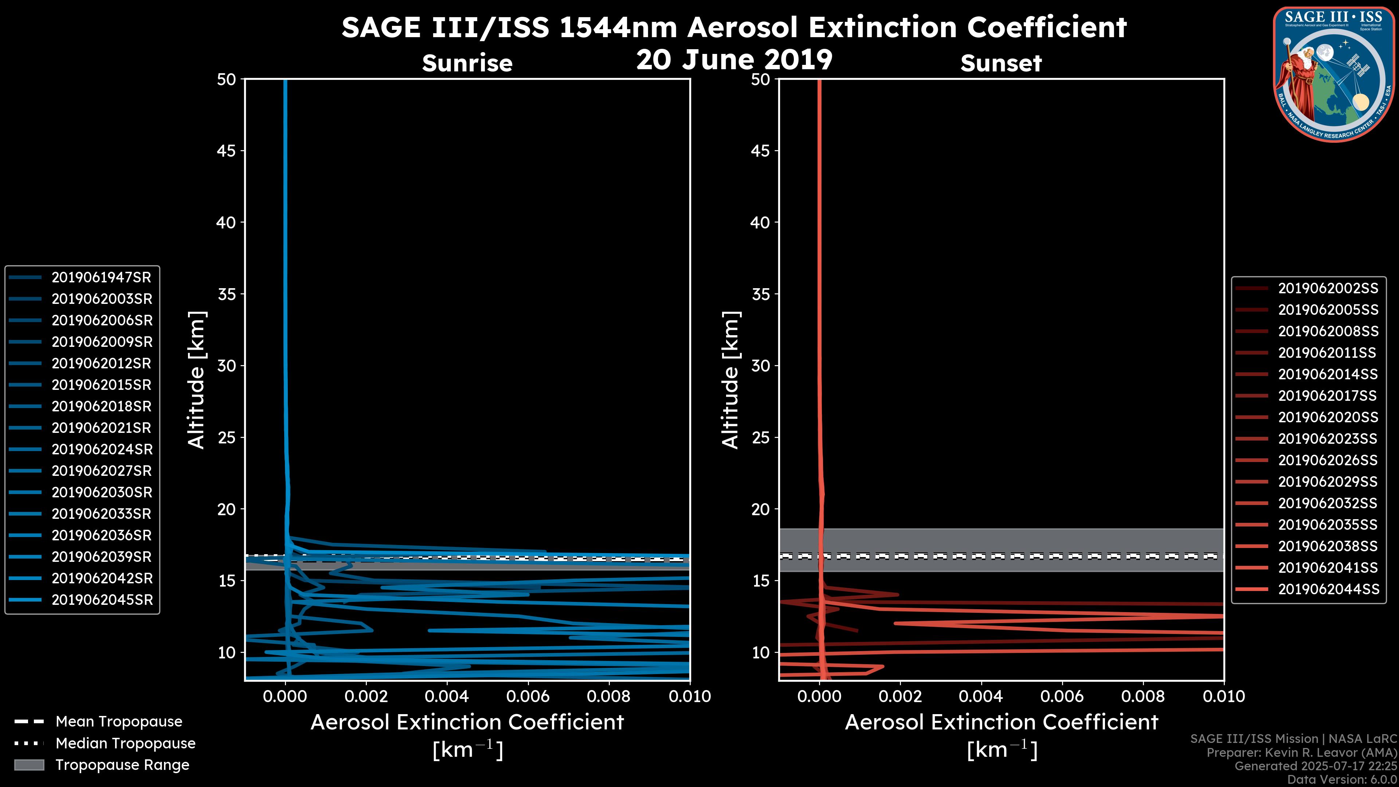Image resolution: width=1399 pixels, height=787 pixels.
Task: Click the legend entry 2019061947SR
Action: coord(101,278)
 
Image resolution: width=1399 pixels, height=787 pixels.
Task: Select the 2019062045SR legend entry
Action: coord(102,600)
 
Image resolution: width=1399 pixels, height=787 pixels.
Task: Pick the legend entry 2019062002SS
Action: coord(1328,289)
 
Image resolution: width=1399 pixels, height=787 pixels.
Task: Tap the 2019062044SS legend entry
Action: coord(1328,589)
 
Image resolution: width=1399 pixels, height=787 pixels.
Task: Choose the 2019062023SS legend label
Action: coord(1328,439)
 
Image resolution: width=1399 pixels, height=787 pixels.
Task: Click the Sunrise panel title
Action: coord(467,63)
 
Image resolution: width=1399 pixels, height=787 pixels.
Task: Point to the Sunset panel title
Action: coord(1001,63)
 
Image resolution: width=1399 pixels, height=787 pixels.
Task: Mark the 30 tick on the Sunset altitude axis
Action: coord(760,366)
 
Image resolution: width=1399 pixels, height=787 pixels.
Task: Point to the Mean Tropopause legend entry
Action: coord(118,722)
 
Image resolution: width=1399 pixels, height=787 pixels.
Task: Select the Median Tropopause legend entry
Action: coord(125,744)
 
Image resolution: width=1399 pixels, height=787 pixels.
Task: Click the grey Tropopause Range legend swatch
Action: coord(29,765)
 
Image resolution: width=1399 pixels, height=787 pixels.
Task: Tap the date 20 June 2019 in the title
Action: coord(734,60)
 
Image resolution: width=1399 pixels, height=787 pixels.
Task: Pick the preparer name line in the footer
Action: coord(1301,753)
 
